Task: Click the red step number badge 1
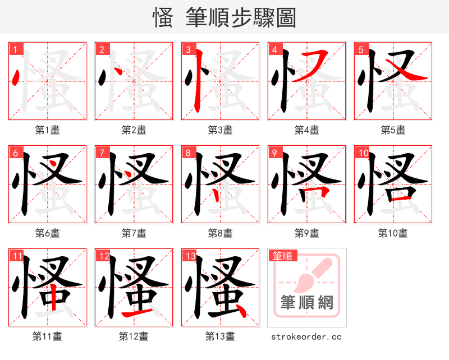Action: tap(15, 49)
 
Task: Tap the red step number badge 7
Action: tap(102, 153)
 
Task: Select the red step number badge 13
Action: tap(190, 256)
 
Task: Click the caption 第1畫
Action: tap(48, 130)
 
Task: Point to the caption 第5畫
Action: tap(393, 130)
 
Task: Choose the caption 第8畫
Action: tap(220, 233)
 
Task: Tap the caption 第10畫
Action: tap(393, 233)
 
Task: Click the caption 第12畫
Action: tap(134, 336)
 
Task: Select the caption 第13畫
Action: tap(220, 336)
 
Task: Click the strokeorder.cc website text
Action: tap(306, 336)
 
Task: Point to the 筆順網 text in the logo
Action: tap(307, 303)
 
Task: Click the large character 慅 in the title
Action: tap(162, 18)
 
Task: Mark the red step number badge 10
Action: tap(363, 153)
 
